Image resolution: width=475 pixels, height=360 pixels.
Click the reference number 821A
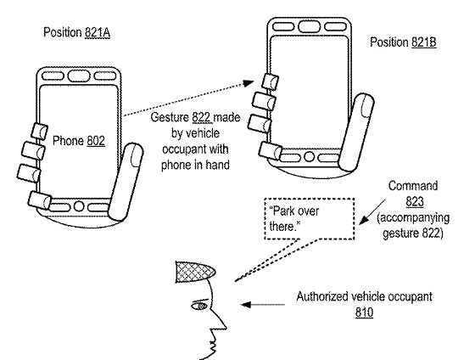coord(98,33)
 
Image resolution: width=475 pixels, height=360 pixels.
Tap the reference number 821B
coord(424,42)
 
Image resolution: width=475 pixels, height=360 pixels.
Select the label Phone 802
coord(79,141)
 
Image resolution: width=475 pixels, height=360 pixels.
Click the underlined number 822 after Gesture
coord(202,118)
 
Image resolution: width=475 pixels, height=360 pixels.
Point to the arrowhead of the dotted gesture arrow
coord(249,83)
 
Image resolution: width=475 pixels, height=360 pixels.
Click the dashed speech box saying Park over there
coord(310,219)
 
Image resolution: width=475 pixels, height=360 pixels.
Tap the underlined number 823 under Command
coord(415,202)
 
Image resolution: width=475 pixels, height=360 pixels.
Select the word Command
coord(413,186)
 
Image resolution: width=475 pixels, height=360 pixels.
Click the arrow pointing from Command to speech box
coord(372,212)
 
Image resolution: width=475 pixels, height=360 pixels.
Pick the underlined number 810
coord(364,312)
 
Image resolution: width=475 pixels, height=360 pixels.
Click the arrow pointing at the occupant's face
coord(263,304)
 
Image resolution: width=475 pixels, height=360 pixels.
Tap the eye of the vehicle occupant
coord(199,306)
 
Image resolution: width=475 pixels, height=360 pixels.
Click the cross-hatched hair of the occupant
coord(194,272)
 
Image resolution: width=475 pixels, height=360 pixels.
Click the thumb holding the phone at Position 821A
coord(126,182)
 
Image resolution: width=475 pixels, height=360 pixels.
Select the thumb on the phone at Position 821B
coord(356,132)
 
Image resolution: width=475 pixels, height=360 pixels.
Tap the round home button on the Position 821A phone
coord(78,206)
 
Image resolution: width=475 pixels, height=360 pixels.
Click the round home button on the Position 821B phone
coord(309,157)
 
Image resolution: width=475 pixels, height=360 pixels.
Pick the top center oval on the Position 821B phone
coord(309,26)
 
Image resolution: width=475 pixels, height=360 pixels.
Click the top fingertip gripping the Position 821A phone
coord(40,132)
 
